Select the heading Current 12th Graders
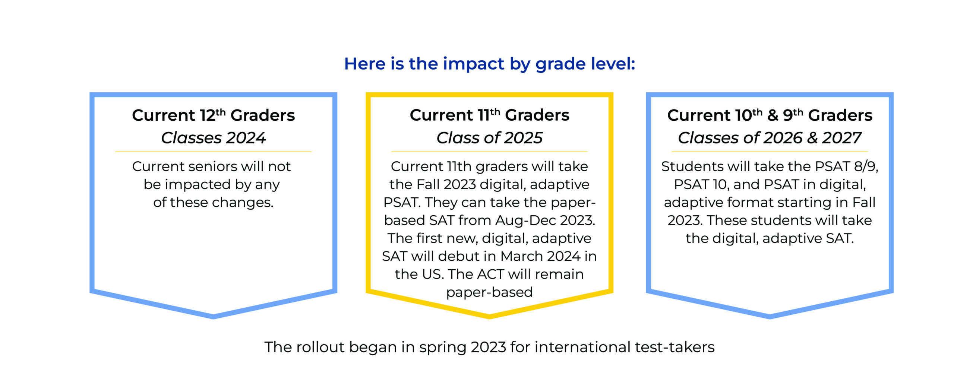pyautogui.click(x=214, y=115)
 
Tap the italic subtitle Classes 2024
pyautogui.click(x=214, y=138)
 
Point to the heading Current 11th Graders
pyautogui.click(x=489, y=115)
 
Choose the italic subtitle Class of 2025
pyautogui.click(x=489, y=138)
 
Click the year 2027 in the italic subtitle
pyautogui.click(x=841, y=138)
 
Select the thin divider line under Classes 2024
pyautogui.click(x=214, y=152)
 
